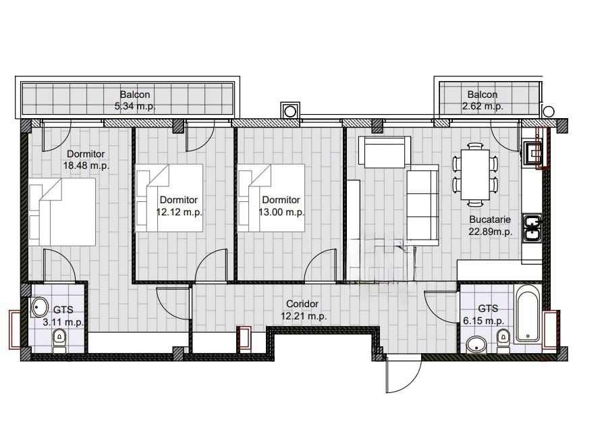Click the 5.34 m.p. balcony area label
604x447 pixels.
click(x=135, y=106)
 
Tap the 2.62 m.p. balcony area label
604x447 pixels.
click(x=483, y=106)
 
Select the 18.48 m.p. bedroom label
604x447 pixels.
click(x=86, y=165)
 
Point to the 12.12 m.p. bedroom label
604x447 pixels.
click(x=179, y=212)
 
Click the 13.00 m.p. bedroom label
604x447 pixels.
click(x=281, y=212)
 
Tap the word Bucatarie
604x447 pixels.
click(x=490, y=219)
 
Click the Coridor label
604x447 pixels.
click(x=302, y=304)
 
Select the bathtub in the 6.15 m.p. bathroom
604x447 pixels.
click(x=527, y=313)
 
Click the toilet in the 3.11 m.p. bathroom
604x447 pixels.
click(x=59, y=340)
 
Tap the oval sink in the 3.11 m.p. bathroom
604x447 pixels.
click(x=39, y=307)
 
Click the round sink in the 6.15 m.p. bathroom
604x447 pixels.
click(x=476, y=345)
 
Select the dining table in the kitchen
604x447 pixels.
click(x=475, y=174)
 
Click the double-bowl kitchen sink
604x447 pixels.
click(x=532, y=228)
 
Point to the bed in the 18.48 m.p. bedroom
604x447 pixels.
click(x=62, y=212)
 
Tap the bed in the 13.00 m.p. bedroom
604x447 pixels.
click(x=271, y=198)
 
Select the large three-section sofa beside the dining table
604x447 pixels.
click(x=422, y=205)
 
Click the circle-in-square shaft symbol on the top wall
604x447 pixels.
click(x=290, y=111)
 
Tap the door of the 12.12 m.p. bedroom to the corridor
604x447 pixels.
click(x=211, y=266)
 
